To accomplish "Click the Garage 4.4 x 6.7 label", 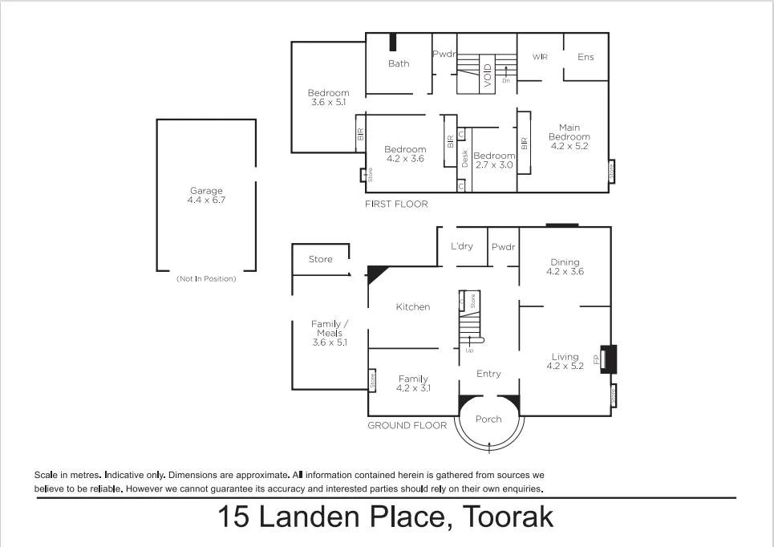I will [x=206, y=196].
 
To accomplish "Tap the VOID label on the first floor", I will [x=487, y=74].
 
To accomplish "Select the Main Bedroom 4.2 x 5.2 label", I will [x=569, y=137].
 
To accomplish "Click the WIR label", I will [x=540, y=57].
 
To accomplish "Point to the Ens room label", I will [x=586, y=57].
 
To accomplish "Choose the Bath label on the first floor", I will [x=399, y=64].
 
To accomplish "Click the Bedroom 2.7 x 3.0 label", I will [x=493, y=160].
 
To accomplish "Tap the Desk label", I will [x=465, y=159].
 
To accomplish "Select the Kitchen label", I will [x=413, y=307].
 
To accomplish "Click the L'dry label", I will [x=462, y=246].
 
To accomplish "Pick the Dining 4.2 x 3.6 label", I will [x=565, y=267].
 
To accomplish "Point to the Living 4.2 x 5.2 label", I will [x=565, y=362].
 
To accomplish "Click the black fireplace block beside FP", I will [x=610, y=359].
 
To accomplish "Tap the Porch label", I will [x=488, y=419].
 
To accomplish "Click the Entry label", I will [x=488, y=374].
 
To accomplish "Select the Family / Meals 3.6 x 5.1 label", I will [x=329, y=333].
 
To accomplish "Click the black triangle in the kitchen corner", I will [x=375, y=274].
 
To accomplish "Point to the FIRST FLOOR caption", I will [x=397, y=205].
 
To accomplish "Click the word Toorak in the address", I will [x=503, y=517].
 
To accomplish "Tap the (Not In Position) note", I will [x=206, y=279].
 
